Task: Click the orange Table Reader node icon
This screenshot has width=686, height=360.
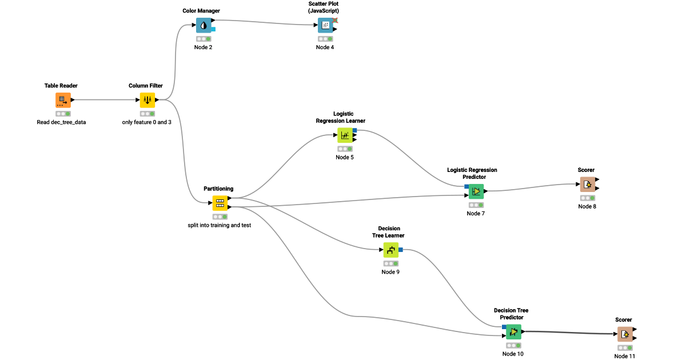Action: (x=63, y=100)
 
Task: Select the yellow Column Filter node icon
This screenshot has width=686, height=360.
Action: (x=147, y=100)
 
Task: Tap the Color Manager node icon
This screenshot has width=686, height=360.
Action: (x=204, y=25)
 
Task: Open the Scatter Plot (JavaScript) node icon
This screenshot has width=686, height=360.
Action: (x=325, y=25)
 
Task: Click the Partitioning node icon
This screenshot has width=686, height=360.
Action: (x=220, y=203)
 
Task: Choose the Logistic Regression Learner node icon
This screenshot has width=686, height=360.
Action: (x=345, y=135)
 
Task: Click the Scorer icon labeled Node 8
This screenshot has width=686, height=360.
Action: (x=588, y=185)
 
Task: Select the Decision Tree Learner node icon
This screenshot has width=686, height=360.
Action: (x=390, y=250)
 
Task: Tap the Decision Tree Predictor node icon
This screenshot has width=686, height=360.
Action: (x=513, y=331)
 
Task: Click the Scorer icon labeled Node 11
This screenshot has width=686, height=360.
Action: (x=625, y=334)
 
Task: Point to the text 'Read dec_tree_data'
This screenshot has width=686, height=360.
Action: (x=61, y=122)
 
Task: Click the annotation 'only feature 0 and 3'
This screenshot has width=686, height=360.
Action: (x=147, y=122)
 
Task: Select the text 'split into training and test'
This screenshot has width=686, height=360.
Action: (x=220, y=225)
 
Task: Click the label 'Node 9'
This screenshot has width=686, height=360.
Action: (x=390, y=272)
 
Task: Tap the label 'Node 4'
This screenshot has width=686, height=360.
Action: (x=325, y=47)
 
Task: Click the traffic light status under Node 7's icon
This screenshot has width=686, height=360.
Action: (x=475, y=205)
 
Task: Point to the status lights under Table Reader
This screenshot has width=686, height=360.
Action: (x=63, y=114)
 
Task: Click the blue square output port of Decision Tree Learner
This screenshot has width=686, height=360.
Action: (x=400, y=250)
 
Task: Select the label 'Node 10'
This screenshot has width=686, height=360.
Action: (x=513, y=354)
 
